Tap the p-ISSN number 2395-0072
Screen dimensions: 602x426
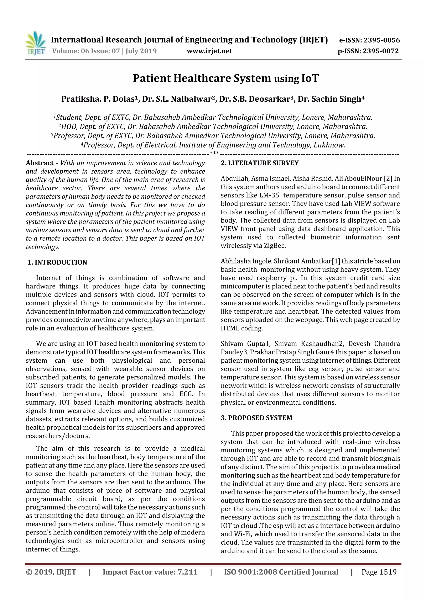pyautogui.click(x=381, y=51)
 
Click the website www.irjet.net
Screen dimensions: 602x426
pyautogui.click(x=209, y=51)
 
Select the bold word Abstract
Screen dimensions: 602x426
pyautogui.click(x=40, y=163)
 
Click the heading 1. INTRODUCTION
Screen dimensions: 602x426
pyautogui.click(x=57, y=262)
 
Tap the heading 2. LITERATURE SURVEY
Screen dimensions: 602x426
pyautogui.click(x=260, y=163)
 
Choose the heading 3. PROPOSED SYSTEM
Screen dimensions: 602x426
pyautogui.click(x=256, y=418)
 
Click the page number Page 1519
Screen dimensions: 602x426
pyautogui.click(x=379, y=572)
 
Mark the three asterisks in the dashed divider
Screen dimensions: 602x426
pyautogui.click(x=214, y=153)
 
